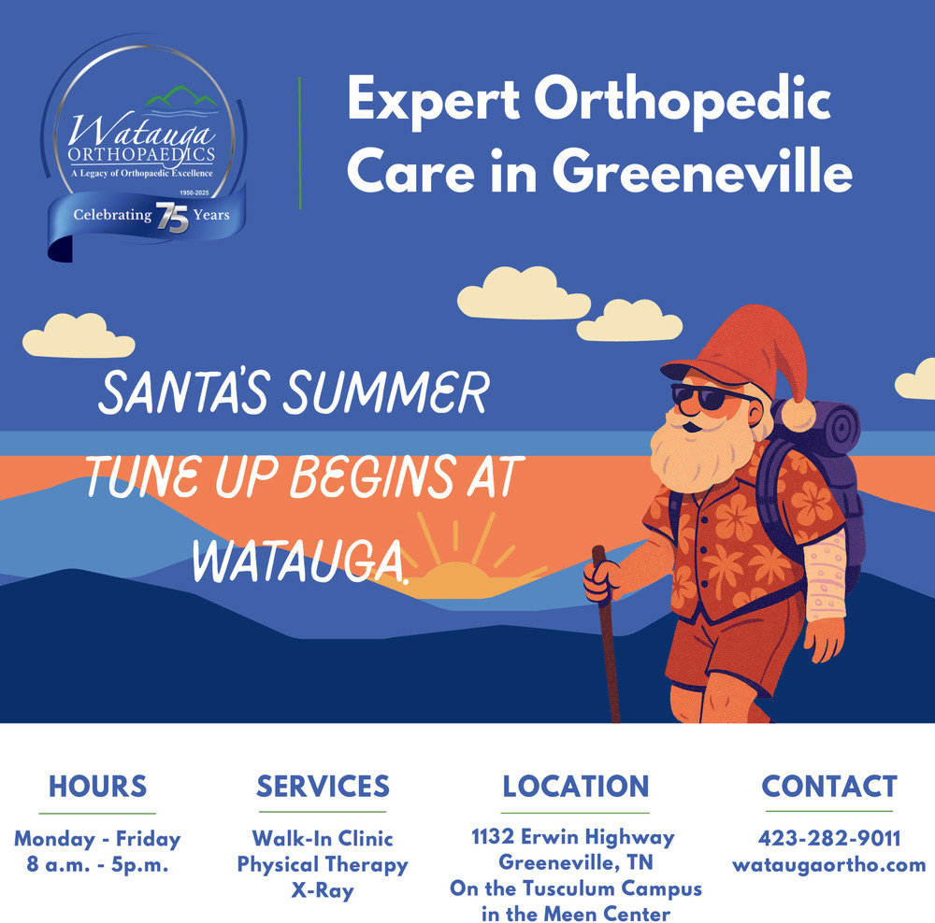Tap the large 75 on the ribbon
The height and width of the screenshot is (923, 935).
click(172, 218)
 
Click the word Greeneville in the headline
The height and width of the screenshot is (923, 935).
click(702, 171)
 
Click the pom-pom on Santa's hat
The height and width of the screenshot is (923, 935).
click(798, 414)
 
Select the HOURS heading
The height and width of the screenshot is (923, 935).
click(98, 787)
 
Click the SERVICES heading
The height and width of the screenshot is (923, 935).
click(323, 787)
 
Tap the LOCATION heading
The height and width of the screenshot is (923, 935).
click(575, 787)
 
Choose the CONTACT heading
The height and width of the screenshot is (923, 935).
click(829, 787)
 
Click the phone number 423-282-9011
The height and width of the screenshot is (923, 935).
click(829, 838)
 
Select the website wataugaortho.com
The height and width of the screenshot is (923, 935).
click(829, 864)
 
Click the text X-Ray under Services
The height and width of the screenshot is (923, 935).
click(323, 890)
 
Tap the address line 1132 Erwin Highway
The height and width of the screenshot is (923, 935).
click(573, 837)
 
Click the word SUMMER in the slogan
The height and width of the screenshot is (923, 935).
click(386, 392)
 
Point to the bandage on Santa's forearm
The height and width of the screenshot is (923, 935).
click(826, 576)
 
